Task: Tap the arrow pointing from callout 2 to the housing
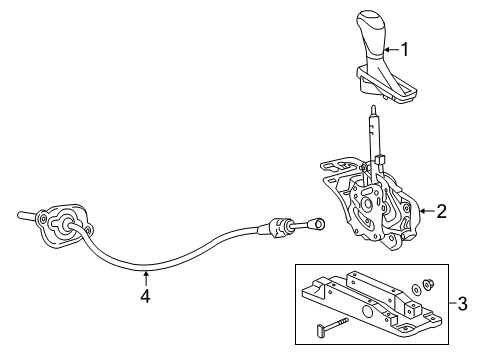coord(424,211)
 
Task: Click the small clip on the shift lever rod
coord(381,157)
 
